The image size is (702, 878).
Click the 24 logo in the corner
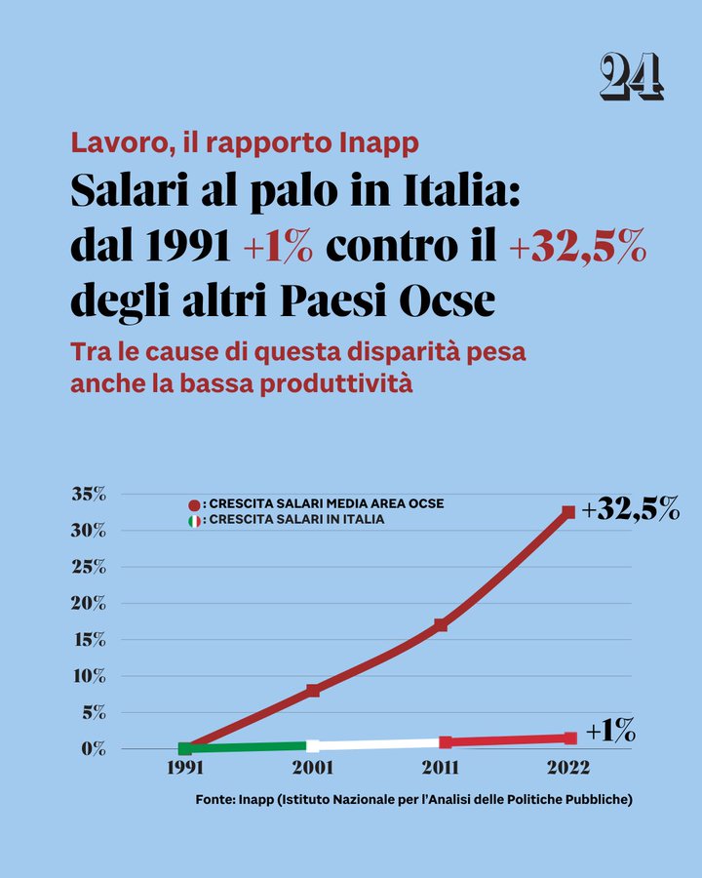point(632,76)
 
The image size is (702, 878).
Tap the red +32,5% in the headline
point(577,248)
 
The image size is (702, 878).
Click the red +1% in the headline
point(278,248)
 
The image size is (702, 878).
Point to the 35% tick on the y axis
point(89,494)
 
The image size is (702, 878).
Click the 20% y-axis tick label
point(89,603)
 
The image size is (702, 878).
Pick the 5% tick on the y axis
point(93,712)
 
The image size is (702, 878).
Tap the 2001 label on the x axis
point(313,769)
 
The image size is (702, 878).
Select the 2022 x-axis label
point(568,769)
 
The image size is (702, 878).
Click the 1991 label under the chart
point(185,769)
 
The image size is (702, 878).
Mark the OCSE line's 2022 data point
point(568,511)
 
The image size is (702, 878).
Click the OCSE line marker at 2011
point(441,624)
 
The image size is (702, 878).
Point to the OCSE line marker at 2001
point(313,691)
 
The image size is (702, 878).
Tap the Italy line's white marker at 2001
point(313,745)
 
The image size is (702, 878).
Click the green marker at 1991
point(185,748)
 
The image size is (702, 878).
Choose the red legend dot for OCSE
point(194,504)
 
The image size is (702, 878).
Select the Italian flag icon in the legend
point(194,521)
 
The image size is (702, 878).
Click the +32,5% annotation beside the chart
point(630,509)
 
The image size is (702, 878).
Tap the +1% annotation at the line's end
point(610,730)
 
